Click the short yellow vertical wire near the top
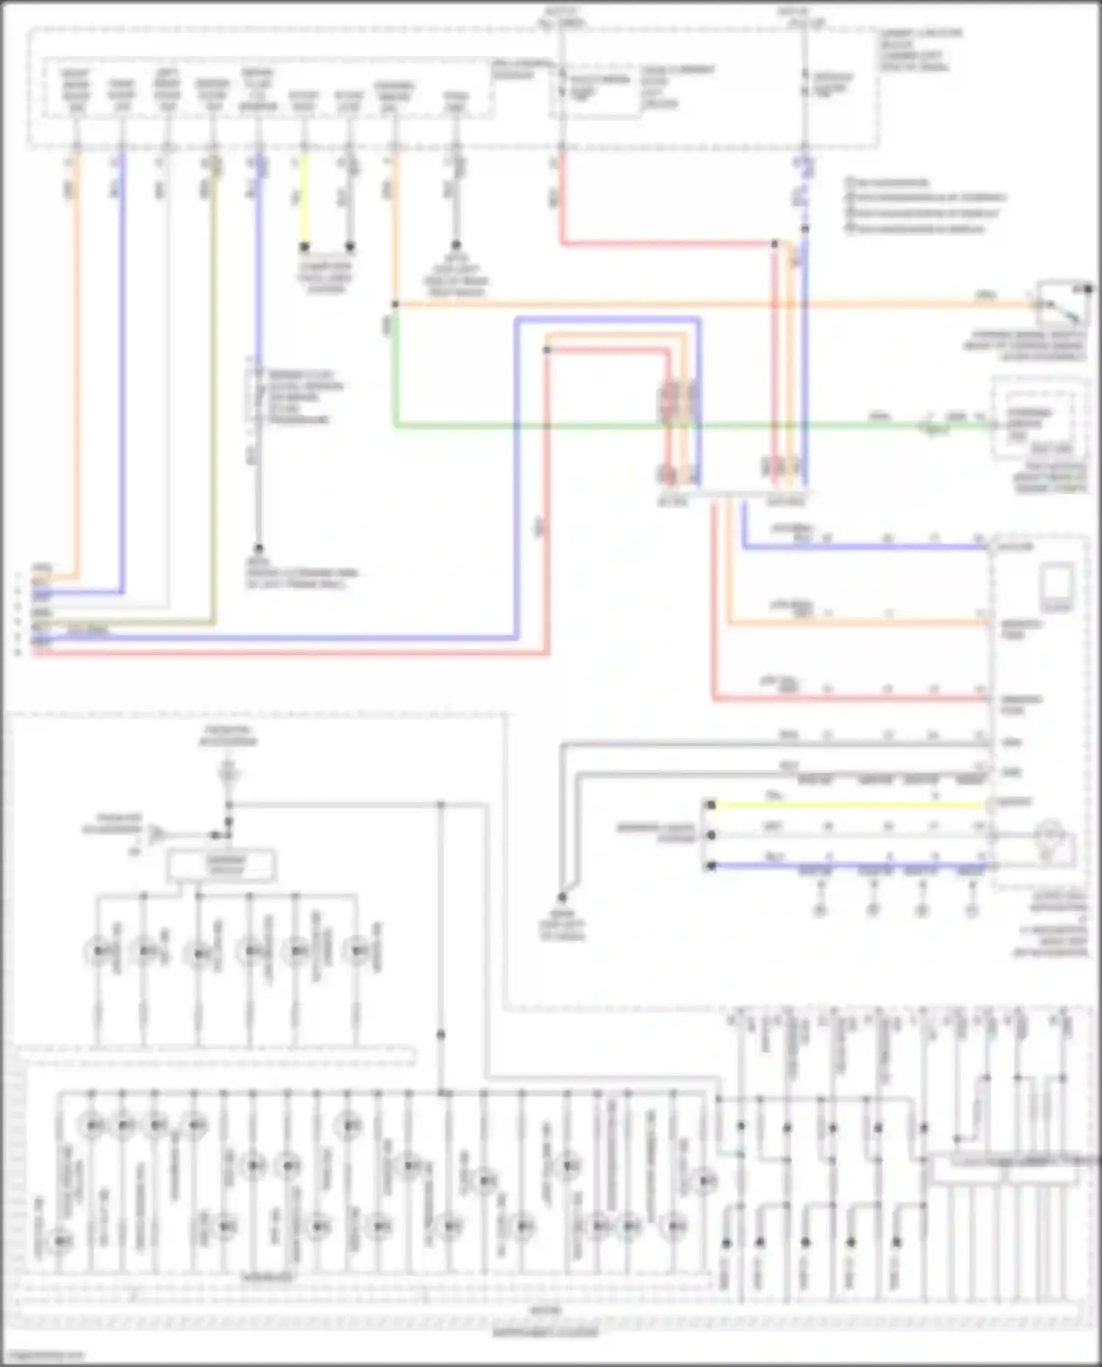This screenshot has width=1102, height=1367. [x=304, y=198]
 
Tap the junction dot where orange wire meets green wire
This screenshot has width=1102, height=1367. [x=395, y=304]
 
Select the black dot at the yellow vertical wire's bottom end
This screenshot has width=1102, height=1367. [x=304, y=246]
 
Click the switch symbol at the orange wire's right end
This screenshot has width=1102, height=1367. [x=1062, y=303]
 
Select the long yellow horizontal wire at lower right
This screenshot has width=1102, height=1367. [x=845, y=805]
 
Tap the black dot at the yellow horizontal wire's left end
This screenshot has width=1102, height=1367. [x=710, y=805]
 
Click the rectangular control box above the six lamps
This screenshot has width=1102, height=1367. [x=222, y=865]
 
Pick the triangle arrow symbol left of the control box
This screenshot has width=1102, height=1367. [x=156, y=834]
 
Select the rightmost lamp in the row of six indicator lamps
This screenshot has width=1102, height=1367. [x=357, y=952]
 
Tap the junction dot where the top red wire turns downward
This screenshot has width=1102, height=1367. [x=774, y=244]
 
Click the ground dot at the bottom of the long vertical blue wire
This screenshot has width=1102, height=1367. [x=259, y=548]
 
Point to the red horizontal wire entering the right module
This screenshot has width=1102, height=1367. [x=845, y=699]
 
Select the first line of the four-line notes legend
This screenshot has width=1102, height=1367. [x=889, y=182]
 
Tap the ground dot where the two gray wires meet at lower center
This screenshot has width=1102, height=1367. [x=562, y=897]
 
